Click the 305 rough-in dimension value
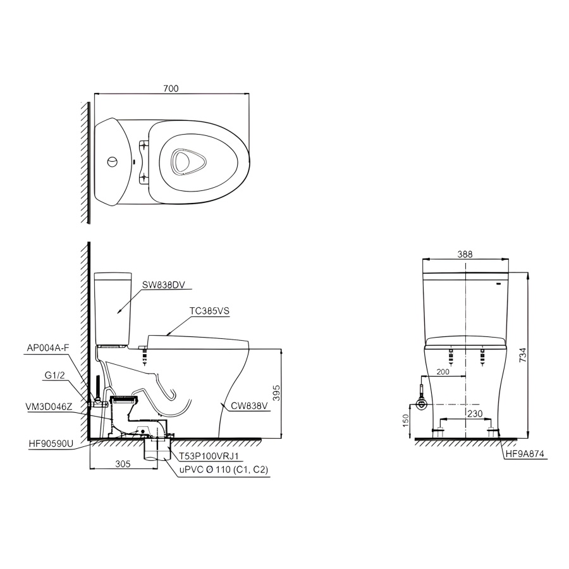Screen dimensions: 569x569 tap(123, 463)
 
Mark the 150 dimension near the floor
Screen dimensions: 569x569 tap(408, 420)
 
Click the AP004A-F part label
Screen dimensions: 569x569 tap(48, 347)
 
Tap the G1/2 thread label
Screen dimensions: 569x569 tap(55, 375)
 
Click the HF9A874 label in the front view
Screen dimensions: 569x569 tap(524, 454)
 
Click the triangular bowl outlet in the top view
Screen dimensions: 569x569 tap(184, 161)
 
